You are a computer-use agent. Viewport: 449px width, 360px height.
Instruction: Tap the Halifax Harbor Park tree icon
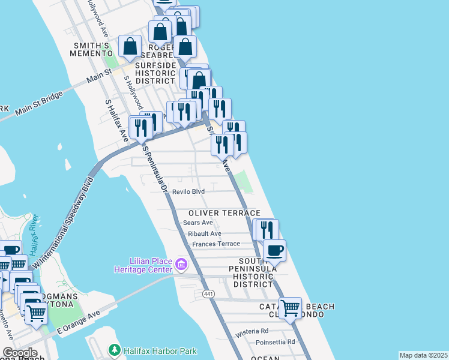click(114, 349)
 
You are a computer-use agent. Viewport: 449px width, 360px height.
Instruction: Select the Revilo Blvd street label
click(188, 191)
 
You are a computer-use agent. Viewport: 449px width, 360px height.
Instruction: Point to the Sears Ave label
click(198, 223)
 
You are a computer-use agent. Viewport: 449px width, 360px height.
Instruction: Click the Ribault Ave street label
click(205, 233)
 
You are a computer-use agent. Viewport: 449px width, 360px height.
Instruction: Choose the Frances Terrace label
click(216, 244)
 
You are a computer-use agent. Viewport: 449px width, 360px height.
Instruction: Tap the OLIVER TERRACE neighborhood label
click(224, 213)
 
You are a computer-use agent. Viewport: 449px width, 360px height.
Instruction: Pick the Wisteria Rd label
click(252, 331)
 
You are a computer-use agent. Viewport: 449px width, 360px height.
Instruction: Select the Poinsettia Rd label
click(274, 341)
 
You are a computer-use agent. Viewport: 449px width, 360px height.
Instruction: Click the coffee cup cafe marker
click(274, 251)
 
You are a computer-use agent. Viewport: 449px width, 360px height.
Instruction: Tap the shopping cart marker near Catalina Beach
click(291, 308)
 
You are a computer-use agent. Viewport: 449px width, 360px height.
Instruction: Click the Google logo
click(20, 353)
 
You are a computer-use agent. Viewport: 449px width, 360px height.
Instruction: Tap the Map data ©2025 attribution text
click(423, 355)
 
